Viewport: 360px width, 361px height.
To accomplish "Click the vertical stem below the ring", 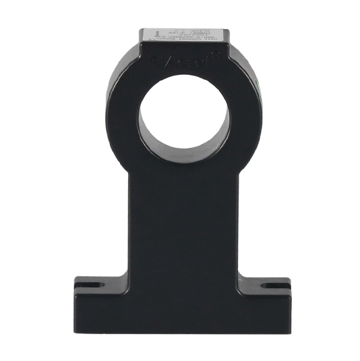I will tap(182, 223).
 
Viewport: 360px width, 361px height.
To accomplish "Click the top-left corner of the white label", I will tap(142, 29).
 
